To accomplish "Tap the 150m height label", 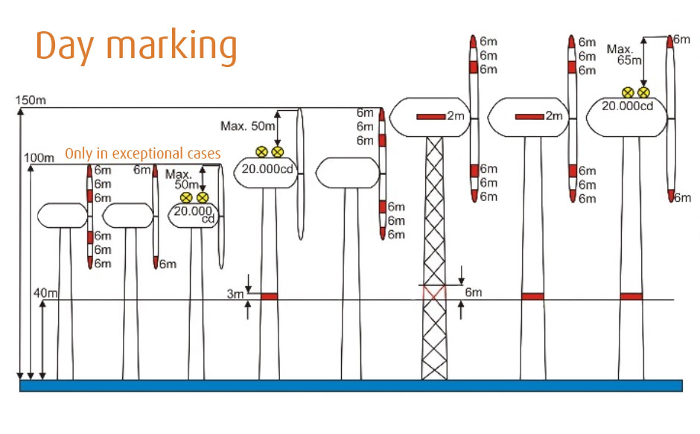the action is [x=31, y=100].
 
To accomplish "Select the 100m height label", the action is [x=39, y=158].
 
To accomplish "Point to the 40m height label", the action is [x=45, y=293].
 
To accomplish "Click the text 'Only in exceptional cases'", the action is [x=143, y=153].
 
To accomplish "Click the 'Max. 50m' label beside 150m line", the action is [x=248, y=126].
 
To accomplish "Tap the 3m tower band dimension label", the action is [x=235, y=294].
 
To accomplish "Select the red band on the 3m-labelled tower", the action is [x=269, y=296].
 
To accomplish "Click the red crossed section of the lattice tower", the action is [x=434, y=293].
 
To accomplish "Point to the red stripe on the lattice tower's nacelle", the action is [x=431, y=117].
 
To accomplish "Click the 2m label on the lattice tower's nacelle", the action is [x=456, y=115].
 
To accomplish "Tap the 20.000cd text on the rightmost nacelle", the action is [x=627, y=106].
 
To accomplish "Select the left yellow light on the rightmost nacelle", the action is [x=628, y=92].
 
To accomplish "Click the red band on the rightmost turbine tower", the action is [x=631, y=296].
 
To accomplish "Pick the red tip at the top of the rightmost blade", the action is [x=669, y=42].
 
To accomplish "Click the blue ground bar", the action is [x=351, y=386].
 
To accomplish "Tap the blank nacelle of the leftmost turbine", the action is [x=62, y=216].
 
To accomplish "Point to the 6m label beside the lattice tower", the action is [x=473, y=293].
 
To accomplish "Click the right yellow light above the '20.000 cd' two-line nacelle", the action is [x=203, y=197].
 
